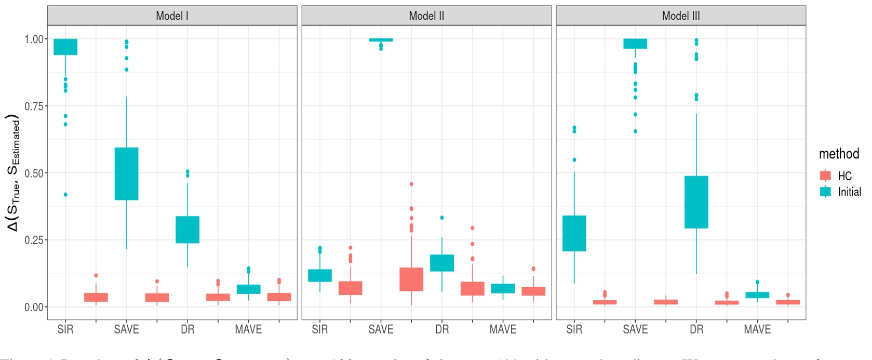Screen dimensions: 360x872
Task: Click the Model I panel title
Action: (x=172, y=16)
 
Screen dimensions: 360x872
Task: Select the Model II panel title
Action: (x=426, y=16)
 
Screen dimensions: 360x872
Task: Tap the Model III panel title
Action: (x=681, y=16)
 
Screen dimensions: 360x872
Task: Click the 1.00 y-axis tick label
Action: (x=34, y=39)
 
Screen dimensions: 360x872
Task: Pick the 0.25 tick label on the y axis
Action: (x=34, y=240)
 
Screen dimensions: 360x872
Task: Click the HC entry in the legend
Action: (x=844, y=176)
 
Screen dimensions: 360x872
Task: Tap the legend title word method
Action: (x=839, y=154)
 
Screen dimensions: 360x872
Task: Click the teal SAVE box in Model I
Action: (x=126, y=174)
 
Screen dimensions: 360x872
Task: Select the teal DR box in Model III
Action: (x=696, y=202)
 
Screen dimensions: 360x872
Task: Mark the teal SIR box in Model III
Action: (x=574, y=233)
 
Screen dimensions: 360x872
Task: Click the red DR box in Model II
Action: (x=411, y=279)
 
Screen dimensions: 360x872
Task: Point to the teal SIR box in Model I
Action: (x=65, y=47)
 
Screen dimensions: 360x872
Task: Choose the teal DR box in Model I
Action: (x=187, y=230)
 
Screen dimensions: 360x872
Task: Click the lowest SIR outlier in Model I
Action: (x=65, y=195)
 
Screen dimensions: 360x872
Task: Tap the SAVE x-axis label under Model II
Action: (x=381, y=329)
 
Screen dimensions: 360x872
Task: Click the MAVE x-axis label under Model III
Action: (x=757, y=329)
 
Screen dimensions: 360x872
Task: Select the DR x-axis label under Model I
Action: (x=187, y=329)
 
